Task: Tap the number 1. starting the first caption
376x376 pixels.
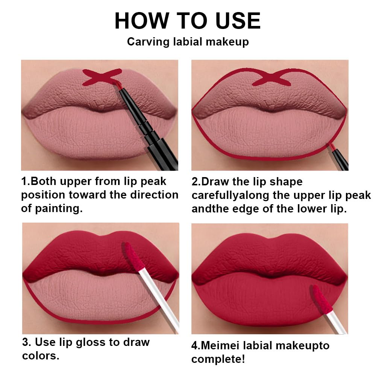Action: click(25, 182)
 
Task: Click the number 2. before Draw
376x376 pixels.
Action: click(196, 182)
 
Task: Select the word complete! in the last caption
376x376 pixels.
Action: click(218, 359)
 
